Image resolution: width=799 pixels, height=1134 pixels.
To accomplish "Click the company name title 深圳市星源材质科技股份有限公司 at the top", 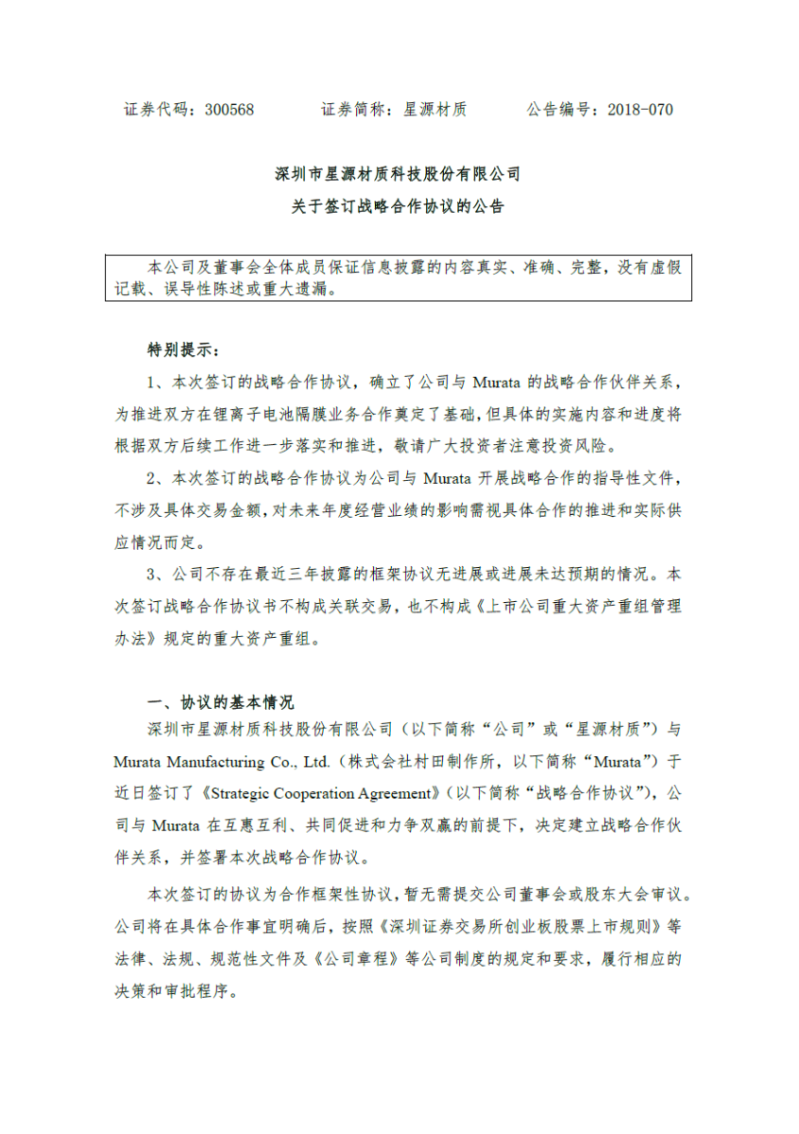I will [x=398, y=175].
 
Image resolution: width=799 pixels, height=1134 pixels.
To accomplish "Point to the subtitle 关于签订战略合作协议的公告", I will [x=398, y=206].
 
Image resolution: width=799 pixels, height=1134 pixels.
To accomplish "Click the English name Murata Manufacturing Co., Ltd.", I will [x=222, y=762].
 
